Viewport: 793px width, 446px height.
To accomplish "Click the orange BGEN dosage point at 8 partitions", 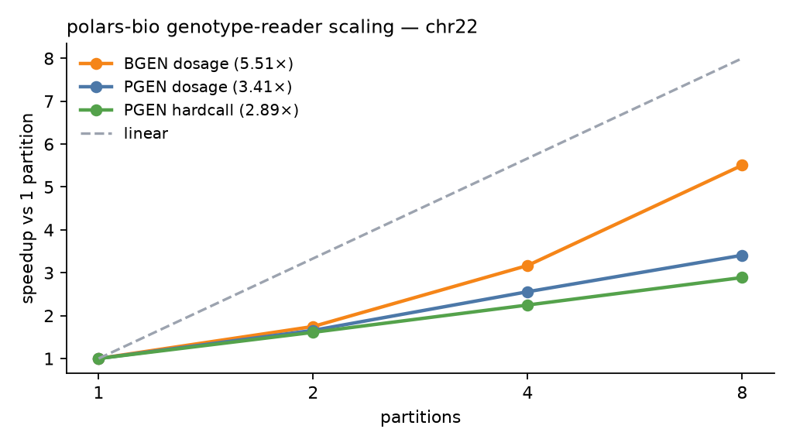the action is [742, 166].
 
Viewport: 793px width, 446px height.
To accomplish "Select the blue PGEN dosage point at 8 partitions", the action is [742, 256].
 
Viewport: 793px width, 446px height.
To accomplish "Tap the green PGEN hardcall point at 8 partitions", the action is [742, 278].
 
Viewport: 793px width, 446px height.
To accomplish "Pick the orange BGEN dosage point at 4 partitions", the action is [527, 266].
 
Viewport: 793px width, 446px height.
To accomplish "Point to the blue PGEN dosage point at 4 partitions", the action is [527, 292].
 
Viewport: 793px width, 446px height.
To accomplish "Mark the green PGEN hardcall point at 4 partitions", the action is [527, 305].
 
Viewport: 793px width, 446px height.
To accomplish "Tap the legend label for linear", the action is [146, 133].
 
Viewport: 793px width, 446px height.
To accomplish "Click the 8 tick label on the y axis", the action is [49, 59].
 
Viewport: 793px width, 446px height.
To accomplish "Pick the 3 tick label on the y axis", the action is [49, 273].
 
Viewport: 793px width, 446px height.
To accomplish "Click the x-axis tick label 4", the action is [527, 393].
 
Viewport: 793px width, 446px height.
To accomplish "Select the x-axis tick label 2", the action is [313, 393].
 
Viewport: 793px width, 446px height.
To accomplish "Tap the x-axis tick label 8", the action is [742, 393].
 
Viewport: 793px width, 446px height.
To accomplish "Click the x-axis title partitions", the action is [421, 417].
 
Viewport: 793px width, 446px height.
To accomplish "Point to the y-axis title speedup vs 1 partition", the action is [28, 208].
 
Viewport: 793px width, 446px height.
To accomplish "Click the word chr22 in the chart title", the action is [451, 27].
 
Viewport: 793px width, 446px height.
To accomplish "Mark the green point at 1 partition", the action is [98, 359].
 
